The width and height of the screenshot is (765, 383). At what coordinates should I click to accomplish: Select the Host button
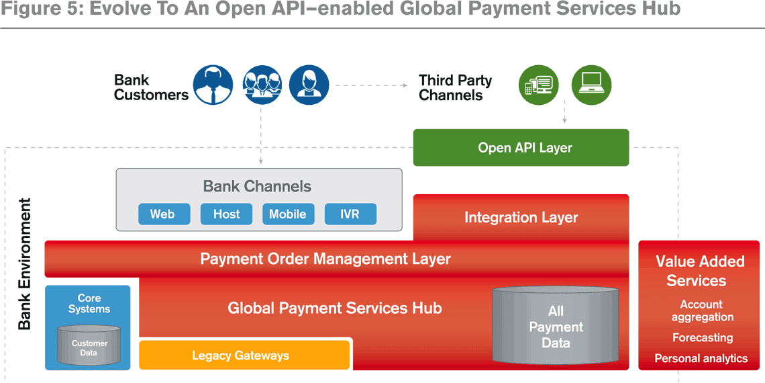coord(226,214)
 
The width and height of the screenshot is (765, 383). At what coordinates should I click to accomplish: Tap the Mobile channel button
coord(288,214)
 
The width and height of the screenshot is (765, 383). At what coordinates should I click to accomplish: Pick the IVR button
coord(350,214)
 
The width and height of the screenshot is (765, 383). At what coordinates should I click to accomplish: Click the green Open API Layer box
coord(521,148)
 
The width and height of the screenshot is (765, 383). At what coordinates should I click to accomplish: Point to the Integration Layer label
coord(521,218)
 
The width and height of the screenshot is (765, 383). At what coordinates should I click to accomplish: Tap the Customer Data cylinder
coord(89,347)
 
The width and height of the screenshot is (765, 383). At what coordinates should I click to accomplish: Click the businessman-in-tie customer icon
coord(213,85)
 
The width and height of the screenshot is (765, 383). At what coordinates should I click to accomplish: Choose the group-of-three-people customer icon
coord(262,85)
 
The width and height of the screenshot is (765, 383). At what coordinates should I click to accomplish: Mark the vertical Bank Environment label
coord(24,264)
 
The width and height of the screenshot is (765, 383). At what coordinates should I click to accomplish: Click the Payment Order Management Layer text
coord(325,259)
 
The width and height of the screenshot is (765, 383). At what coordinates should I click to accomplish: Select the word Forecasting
coord(703,337)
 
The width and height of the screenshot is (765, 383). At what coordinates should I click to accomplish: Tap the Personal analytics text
coord(701,359)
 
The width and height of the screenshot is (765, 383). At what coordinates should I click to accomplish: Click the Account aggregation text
coord(702,310)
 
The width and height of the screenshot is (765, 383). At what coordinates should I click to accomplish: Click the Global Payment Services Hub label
coord(335,308)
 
